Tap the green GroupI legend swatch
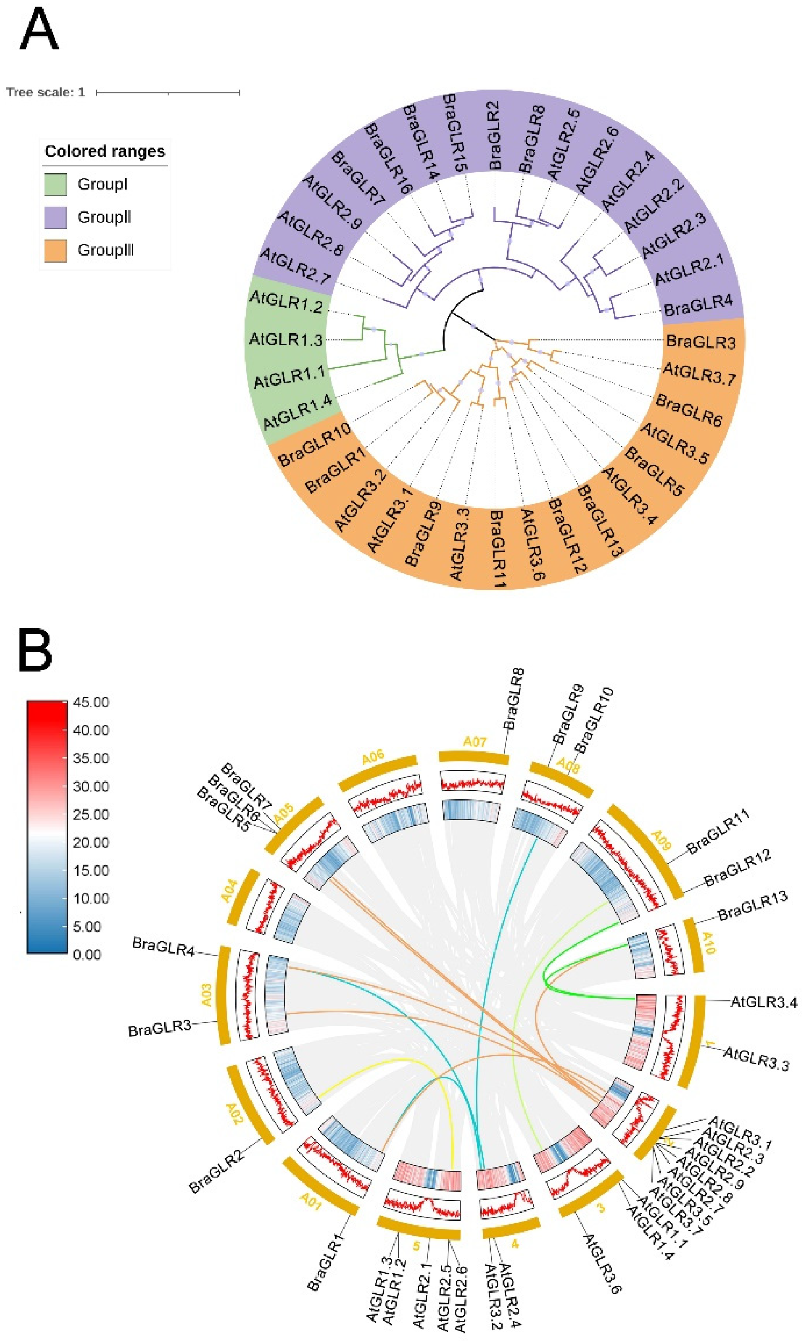(56, 184)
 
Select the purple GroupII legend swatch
(56, 217)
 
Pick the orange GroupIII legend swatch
(56, 251)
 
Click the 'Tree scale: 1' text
(46, 92)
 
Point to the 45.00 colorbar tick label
(91, 702)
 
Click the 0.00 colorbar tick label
(87, 955)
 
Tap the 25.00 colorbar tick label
(91, 814)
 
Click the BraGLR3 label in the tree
(701, 342)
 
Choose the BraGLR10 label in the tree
(314, 445)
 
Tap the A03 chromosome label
(206, 994)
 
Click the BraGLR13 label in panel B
(752, 906)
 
